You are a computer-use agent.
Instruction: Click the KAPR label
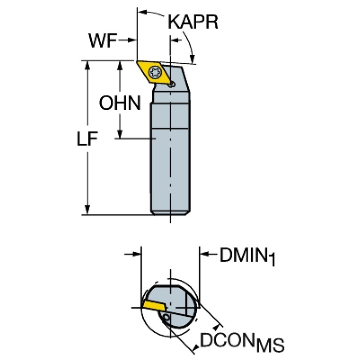pos(193,22)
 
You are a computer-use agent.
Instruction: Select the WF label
pos(103,41)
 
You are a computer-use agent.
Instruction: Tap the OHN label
pos(120,103)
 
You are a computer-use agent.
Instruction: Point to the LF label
pos(87,138)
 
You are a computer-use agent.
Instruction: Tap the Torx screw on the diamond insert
pos(155,73)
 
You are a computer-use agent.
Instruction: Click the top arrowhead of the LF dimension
pos(87,65)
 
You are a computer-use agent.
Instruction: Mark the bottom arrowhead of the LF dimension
pos(87,210)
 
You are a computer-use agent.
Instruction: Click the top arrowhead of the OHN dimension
pos(119,65)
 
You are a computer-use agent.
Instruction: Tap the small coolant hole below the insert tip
pos(171,84)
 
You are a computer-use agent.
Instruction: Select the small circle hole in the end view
pos(166,318)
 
